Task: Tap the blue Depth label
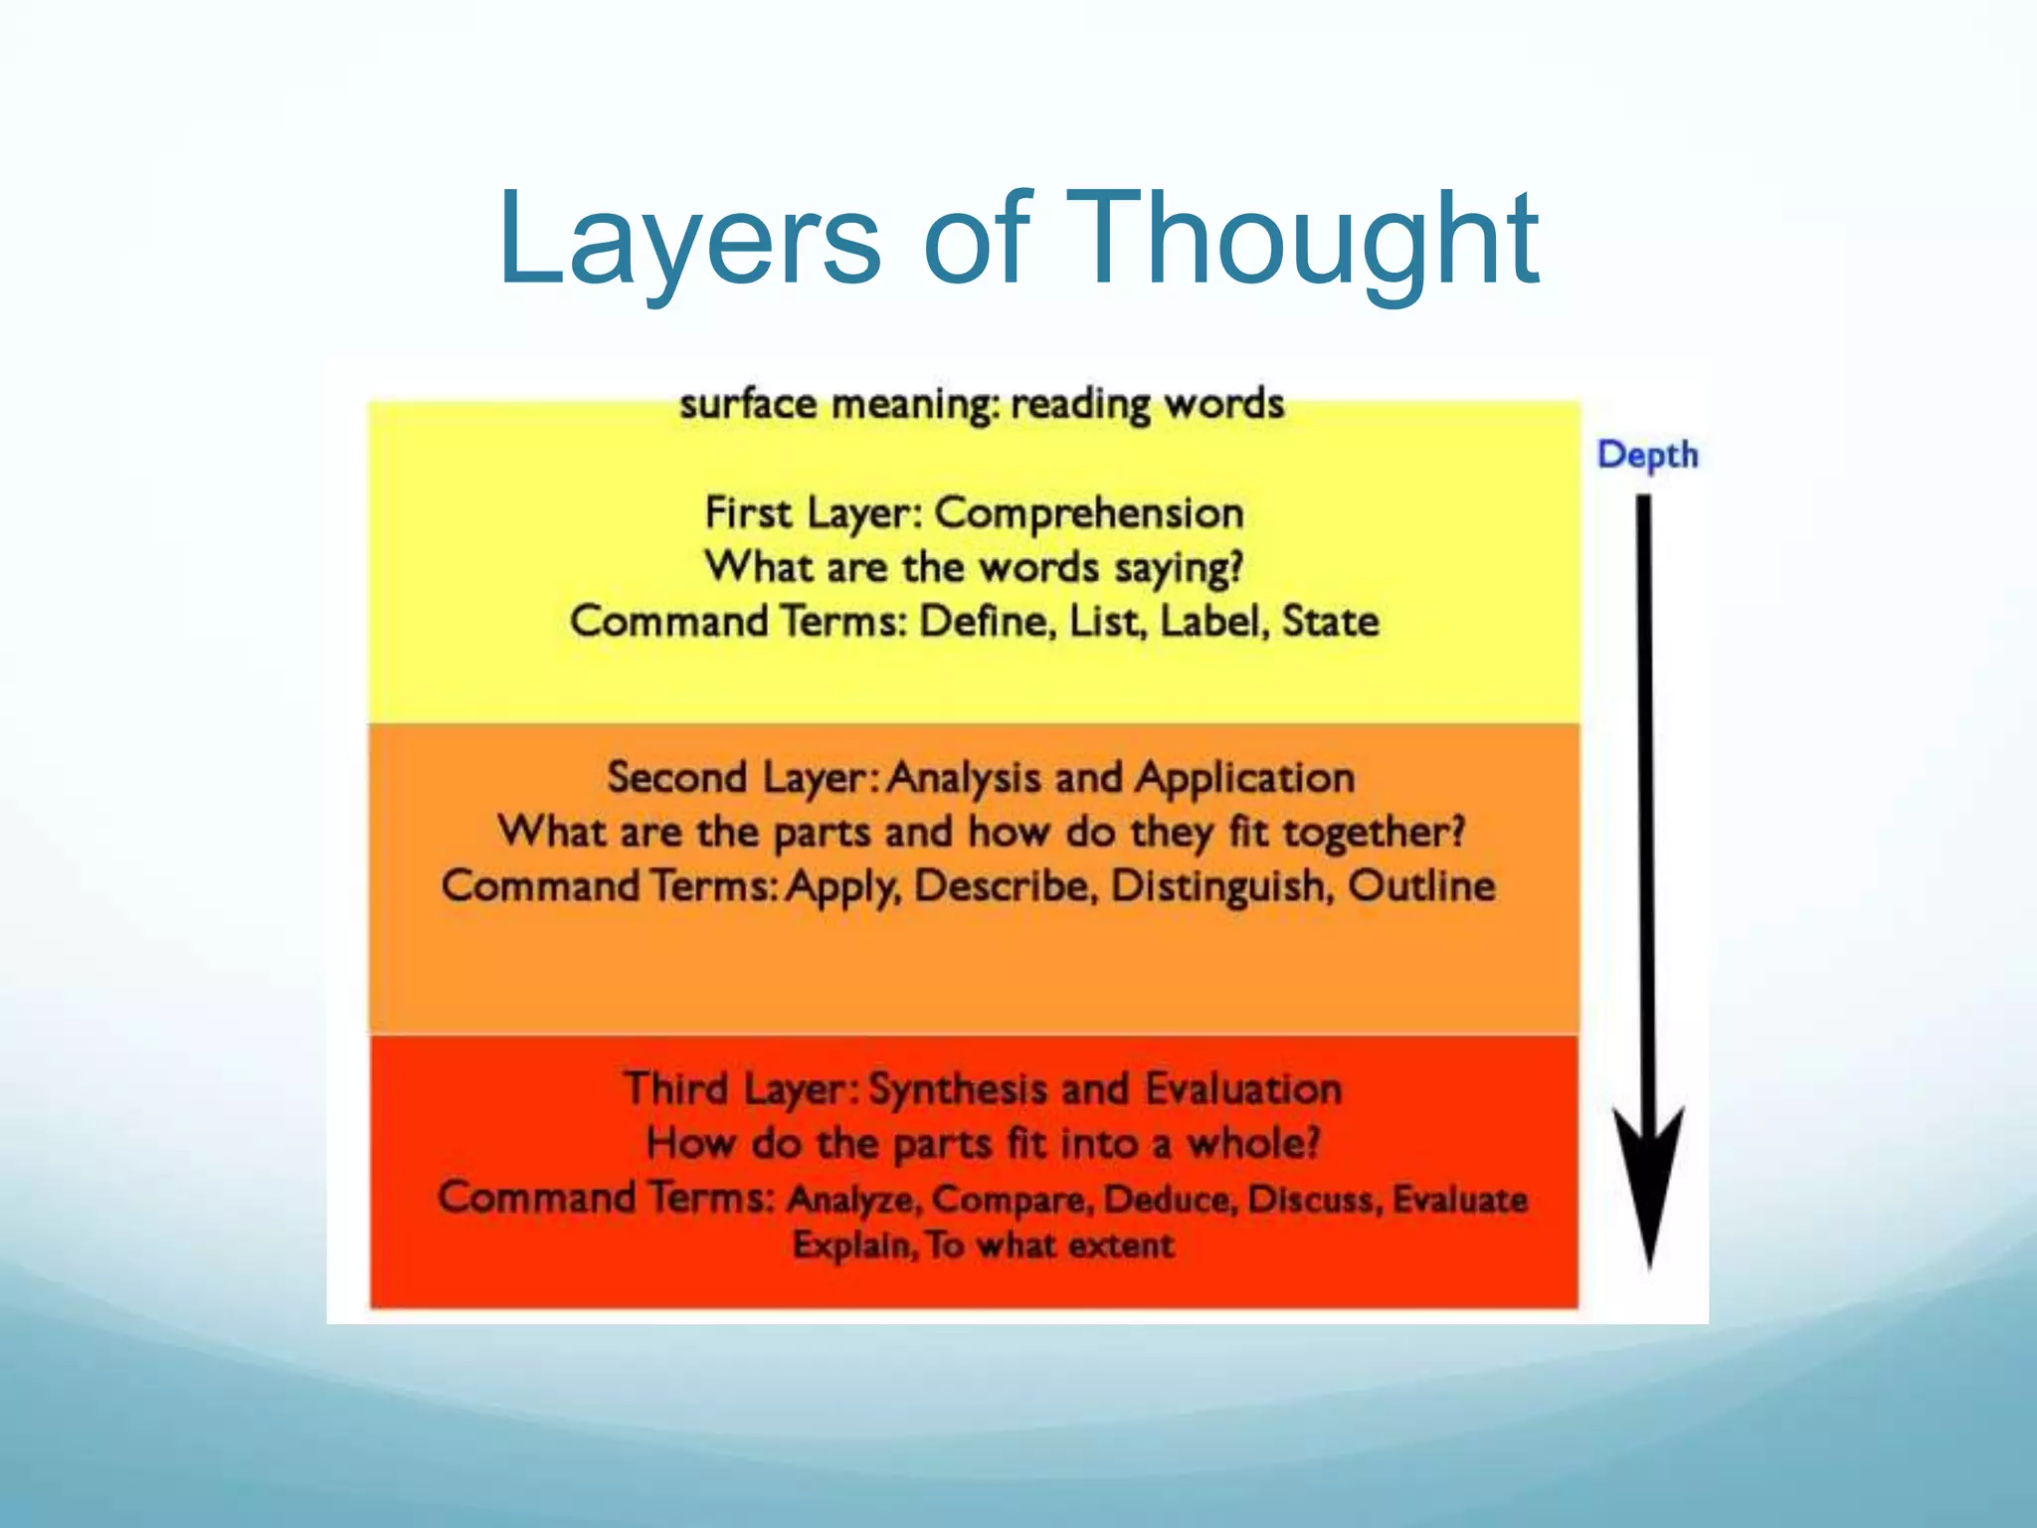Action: point(1647,455)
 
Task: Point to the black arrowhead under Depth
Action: point(1648,1184)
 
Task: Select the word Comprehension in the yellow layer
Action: point(1089,513)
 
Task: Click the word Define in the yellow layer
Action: point(985,622)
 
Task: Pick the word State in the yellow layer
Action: point(1330,622)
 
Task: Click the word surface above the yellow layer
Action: point(747,404)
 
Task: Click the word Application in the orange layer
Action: point(1244,778)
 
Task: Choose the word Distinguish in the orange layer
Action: point(1221,886)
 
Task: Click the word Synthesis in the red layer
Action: point(957,1089)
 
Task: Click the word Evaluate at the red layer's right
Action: point(1459,1199)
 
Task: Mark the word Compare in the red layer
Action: point(1013,1199)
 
